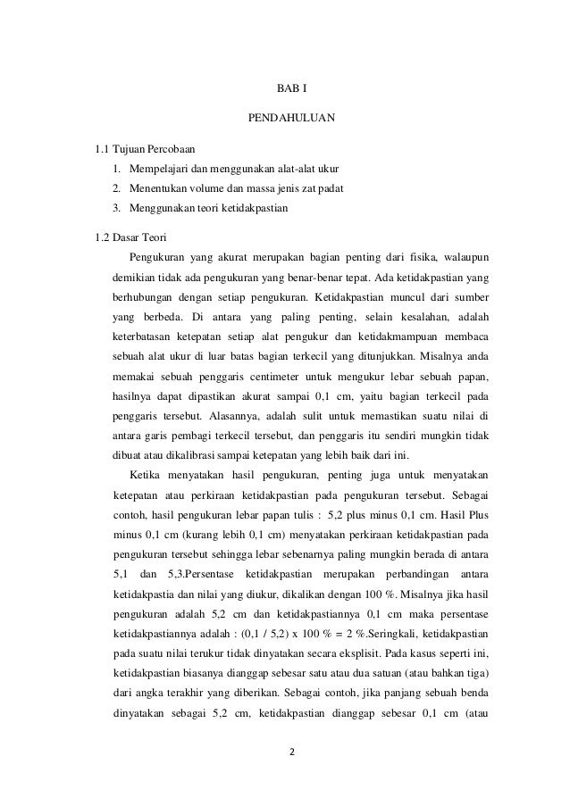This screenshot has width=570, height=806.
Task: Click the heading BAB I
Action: click(x=285, y=88)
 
